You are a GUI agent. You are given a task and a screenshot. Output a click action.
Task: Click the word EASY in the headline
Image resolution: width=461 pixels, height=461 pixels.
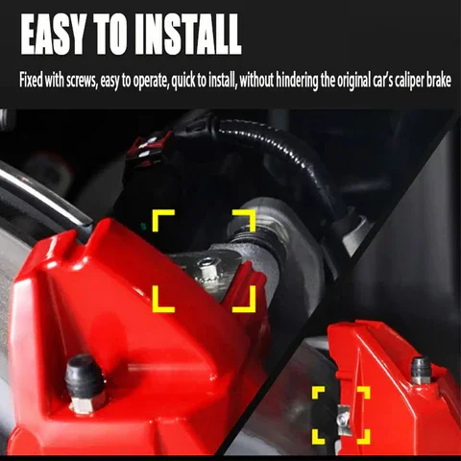click(x=54, y=35)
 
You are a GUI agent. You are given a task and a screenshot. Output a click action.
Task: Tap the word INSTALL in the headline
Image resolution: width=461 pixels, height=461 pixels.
click(x=187, y=35)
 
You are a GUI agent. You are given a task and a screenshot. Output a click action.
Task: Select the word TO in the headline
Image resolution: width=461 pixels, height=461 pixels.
click(x=110, y=35)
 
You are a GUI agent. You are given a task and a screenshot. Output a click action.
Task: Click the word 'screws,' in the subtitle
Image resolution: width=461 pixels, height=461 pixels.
click(x=82, y=81)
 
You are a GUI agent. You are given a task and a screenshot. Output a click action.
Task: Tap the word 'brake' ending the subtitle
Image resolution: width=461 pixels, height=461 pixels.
click(x=440, y=80)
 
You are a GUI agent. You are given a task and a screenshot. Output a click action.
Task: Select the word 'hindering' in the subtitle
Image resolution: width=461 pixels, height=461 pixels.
click(x=297, y=81)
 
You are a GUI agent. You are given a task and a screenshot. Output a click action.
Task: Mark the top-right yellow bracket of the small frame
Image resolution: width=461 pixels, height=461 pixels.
click(x=367, y=390)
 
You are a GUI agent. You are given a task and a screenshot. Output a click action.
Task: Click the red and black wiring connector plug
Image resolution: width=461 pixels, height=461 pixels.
click(x=150, y=146)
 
